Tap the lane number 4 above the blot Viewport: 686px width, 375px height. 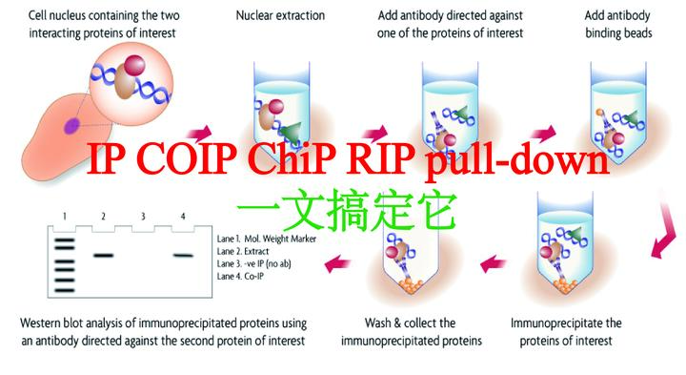click(x=182, y=217)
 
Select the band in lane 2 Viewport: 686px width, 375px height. click(x=104, y=255)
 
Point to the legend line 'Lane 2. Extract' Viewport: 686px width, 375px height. click(x=252, y=251)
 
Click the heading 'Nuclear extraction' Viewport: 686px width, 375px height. click(x=281, y=16)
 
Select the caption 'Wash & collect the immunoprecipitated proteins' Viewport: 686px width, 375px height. click(x=410, y=330)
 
